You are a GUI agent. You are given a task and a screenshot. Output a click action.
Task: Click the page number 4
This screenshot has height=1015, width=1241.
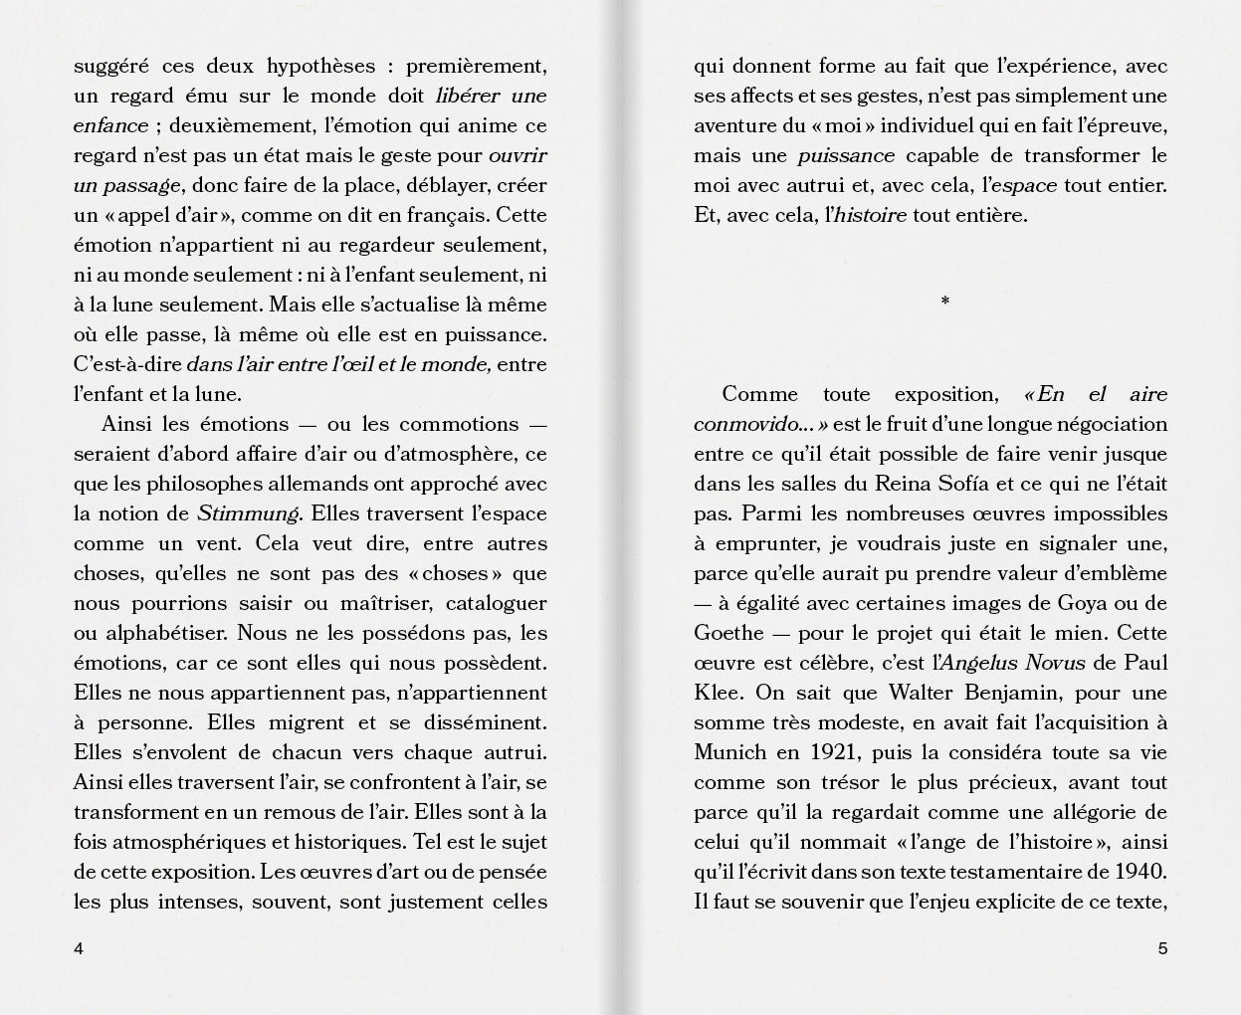[79, 948]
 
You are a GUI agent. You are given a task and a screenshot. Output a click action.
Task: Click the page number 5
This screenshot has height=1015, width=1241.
[1162, 948]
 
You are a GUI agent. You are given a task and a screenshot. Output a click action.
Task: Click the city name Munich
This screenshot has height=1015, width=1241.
[730, 752]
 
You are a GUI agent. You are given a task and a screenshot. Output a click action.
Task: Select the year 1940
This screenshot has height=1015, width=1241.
[1140, 872]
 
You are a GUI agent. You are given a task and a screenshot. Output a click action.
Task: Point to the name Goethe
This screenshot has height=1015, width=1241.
[728, 633]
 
